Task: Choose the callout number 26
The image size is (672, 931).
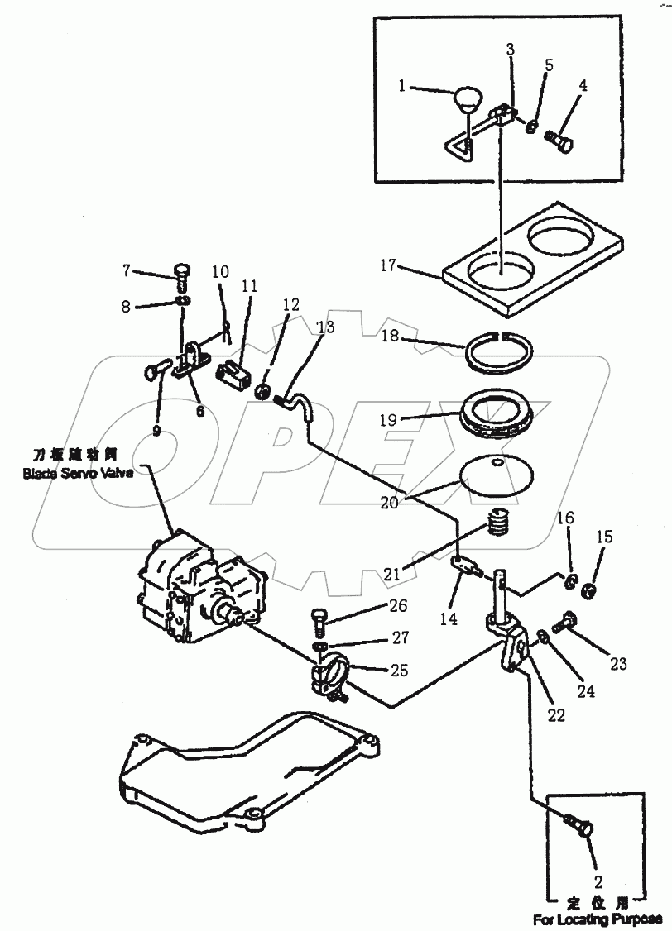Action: tap(398, 606)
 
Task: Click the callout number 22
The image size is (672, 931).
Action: tap(556, 715)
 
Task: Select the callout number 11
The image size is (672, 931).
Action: tap(250, 287)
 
